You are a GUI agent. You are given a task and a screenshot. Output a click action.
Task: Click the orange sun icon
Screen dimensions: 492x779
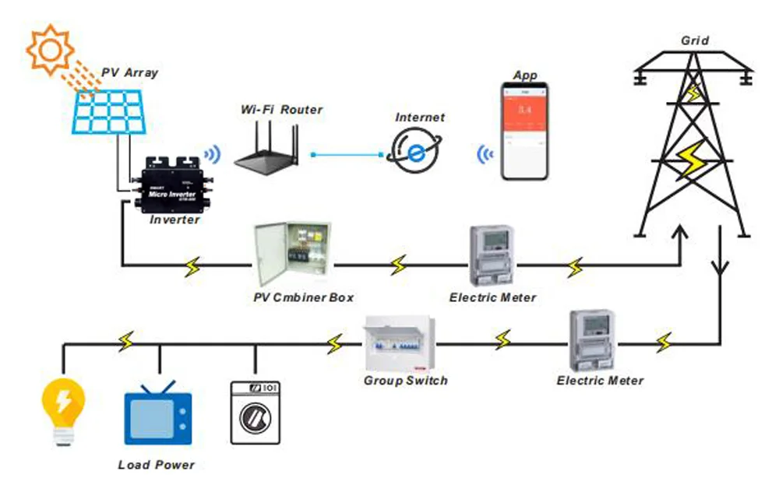coord(50,48)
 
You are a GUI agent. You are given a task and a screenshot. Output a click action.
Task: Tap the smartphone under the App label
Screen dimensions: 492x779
coord(525,131)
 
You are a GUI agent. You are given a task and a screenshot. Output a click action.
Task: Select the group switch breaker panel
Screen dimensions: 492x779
coord(398,345)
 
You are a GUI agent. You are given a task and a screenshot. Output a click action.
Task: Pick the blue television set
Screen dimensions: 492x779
coord(158,416)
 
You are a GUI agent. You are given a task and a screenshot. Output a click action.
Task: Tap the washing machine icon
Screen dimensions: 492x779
coord(255,413)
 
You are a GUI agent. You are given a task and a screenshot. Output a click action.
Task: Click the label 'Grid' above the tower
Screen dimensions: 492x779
coord(695,40)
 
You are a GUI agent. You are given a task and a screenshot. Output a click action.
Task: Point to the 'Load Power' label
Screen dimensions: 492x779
coord(157,465)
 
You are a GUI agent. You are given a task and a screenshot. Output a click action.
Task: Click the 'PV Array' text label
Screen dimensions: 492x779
coord(130,72)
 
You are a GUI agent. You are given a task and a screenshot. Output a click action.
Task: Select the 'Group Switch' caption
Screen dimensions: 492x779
coord(406,381)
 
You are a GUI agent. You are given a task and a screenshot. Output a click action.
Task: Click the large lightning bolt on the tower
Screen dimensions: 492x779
coord(689,159)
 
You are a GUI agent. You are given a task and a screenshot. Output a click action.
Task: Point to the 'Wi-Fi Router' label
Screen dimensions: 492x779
coord(280,110)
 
